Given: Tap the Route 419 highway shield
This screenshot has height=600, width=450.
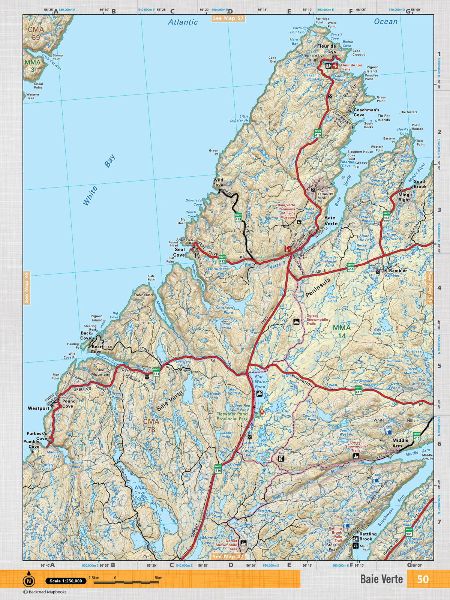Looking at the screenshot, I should coord(238,217).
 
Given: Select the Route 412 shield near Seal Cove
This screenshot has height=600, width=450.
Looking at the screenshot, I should coord(222,259).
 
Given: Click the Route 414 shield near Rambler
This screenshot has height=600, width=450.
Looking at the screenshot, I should coord(351,267).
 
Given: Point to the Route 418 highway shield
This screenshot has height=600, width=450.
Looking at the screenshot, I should coord(387,216).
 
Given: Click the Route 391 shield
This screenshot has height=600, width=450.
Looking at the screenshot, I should coord(409,532).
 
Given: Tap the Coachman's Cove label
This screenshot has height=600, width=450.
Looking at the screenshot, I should coord(366,112).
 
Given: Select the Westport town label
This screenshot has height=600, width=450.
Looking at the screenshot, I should coord(38,408).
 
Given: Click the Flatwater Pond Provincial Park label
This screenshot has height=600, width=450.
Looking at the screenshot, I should coord(232,416).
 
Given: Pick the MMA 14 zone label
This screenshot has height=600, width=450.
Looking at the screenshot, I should coord(342,331).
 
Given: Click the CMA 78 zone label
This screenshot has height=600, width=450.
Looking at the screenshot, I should coord(151,426).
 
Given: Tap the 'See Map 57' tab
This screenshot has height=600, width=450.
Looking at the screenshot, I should coord(228,18).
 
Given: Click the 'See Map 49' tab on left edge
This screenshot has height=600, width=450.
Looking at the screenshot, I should coord(27,288).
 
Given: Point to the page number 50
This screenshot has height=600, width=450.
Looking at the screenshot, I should coord(423,579).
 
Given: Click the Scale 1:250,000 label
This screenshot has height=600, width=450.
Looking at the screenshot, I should coord(66,581).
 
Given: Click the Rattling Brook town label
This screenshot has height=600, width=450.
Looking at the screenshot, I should coord(367,536).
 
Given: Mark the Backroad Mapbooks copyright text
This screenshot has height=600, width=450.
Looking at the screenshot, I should coord(45,592).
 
